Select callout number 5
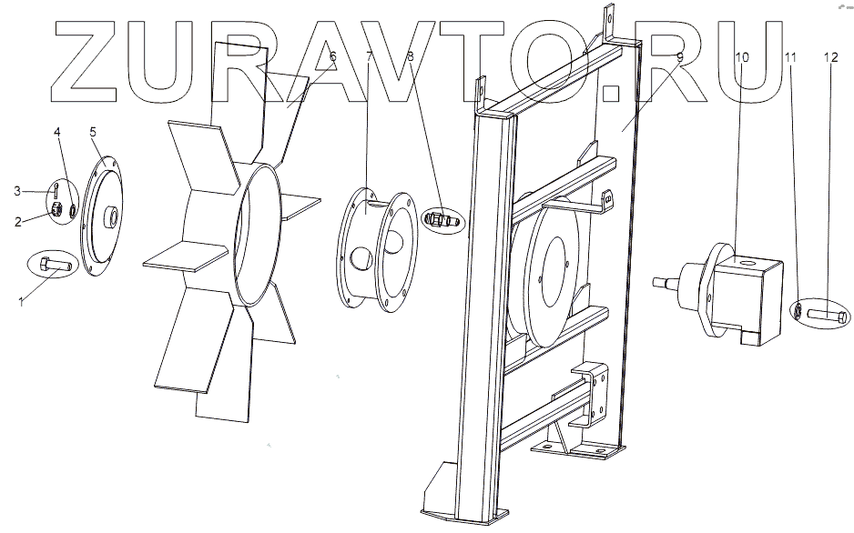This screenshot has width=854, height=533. click(x=93, y=133)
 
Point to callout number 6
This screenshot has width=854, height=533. click(x=332, y=56)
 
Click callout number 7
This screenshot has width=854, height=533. click(x=370, y=56)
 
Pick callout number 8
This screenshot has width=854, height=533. click(x=411, y=56)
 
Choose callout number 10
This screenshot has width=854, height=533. click(x=742, y=56)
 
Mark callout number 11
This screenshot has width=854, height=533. click(x=791, y=56)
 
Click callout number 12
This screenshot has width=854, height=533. click(x=830, y=56)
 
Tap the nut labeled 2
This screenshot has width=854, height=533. click(x=54, y=212)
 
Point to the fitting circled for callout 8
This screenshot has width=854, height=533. click(x=442, y=219)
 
